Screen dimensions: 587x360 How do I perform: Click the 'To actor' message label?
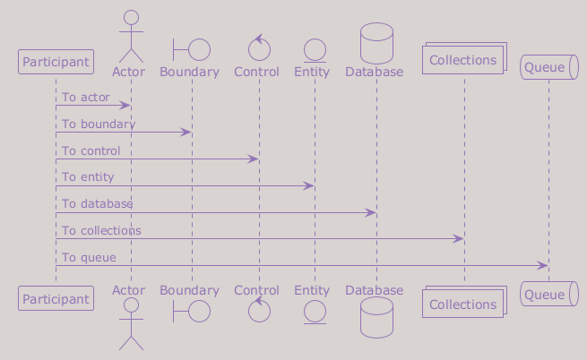click(x=86, y=98)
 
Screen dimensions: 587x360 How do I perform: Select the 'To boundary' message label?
click(x=99, y=124)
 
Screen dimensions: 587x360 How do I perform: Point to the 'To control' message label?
click(x=91, y=150)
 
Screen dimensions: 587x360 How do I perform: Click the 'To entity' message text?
click(x=88, y=177)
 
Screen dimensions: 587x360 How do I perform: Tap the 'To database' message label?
click(x=98, y=203)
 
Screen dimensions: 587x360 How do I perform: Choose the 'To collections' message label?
click(x=101, y=230)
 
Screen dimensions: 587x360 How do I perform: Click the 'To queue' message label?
click(x=89, y=258)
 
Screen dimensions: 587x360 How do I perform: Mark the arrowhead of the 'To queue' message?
click(x=543, y=266)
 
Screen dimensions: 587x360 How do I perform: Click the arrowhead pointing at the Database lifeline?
click(x=371, y=213)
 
